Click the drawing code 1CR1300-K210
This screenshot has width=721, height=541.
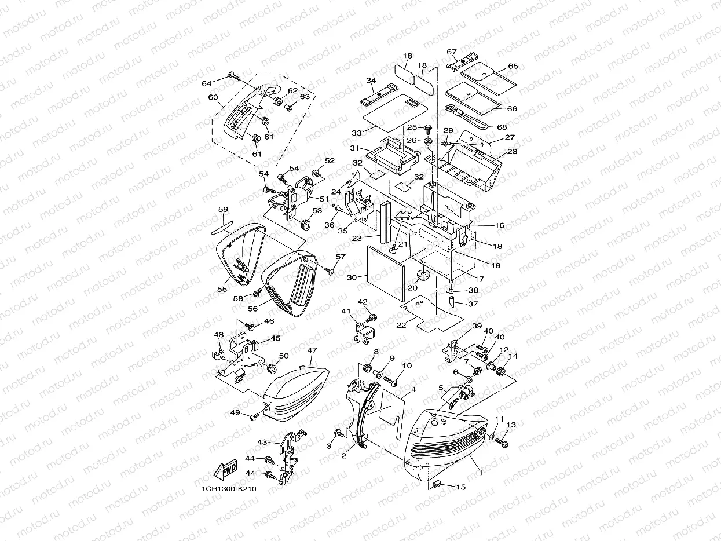(229, 489)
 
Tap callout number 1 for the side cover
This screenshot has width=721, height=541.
(479, 473)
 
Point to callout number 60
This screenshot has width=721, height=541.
(213, 97)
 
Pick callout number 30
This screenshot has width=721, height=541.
(352, 277)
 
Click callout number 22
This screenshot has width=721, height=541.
(401, 325)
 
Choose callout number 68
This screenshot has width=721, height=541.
(502, 127)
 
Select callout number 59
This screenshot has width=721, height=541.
(223, 210)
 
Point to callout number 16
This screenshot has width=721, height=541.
(499, 225)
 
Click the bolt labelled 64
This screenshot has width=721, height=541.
(233, 75)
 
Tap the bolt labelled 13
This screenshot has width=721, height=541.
(503, 443)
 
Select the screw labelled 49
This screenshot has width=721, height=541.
(254, 415)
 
